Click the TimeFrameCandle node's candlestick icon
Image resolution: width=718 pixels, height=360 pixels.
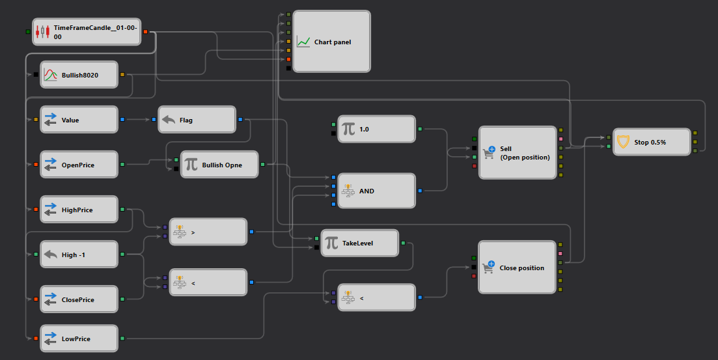[x=42, y=32]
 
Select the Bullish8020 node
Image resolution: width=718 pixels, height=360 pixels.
[x=79, y=75]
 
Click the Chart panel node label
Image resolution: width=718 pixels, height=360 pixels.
[x=333, y=42]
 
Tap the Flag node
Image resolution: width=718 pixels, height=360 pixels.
[x=197, y=120]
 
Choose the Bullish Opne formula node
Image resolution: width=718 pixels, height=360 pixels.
[x=219, y=165]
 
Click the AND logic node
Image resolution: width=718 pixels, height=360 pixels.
[x=376, y=191]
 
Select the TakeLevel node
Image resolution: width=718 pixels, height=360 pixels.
[x=359, y=243]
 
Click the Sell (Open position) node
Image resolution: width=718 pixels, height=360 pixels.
[x=518, y=152]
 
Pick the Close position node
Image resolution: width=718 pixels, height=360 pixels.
[x=517, y=267]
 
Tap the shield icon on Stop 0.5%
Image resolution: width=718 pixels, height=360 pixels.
[x=623, y=142]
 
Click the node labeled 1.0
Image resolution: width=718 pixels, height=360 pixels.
[x=376, y=129]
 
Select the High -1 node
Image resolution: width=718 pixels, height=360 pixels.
[x=79, y=254]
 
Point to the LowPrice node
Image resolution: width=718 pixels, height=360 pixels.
[x=79, y=339]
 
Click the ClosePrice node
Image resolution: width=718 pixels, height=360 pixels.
[x=79, y=299]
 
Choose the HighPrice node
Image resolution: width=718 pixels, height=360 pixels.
[x=79, y=210]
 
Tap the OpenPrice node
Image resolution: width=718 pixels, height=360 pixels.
[x=79, y=165]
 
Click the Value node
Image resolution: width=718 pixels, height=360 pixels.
[x=79, y=120]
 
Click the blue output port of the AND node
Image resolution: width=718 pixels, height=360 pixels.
[x=420, y=191]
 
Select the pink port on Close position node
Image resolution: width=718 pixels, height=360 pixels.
[x=560, y=254]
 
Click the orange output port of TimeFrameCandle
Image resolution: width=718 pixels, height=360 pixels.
[x=146, y=32]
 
